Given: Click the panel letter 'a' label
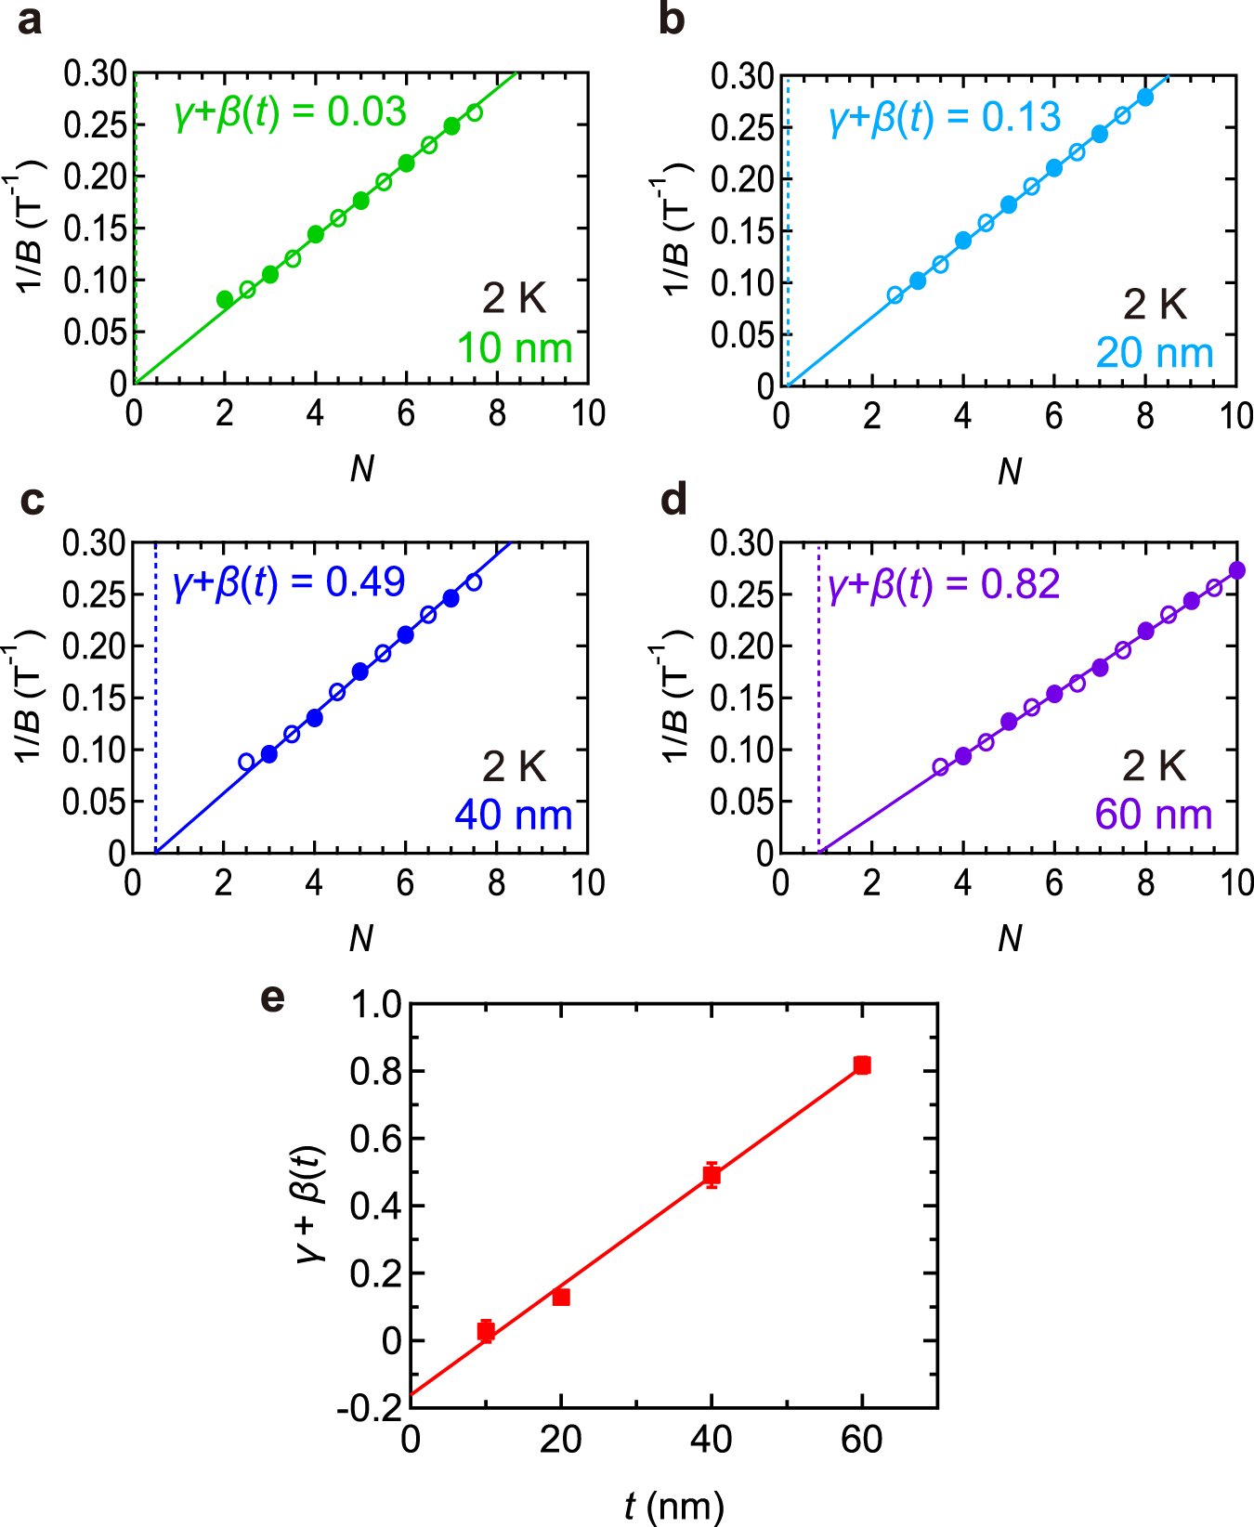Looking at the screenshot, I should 30,20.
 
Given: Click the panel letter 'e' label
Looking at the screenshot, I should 272,998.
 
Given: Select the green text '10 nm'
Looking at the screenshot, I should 515,348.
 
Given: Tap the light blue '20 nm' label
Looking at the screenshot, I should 1155,353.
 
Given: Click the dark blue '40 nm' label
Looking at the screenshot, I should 513,816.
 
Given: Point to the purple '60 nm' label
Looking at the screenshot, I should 1154,815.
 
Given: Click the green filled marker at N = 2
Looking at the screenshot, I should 225,299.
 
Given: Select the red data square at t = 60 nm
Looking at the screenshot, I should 862,1065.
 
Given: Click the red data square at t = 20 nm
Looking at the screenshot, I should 561,1297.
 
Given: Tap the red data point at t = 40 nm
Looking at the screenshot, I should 712,1175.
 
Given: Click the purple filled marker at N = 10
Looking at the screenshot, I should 1236,570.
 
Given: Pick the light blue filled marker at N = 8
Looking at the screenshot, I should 1145,97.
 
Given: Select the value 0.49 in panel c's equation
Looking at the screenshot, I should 365,582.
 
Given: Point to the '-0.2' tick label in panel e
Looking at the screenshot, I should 370,1408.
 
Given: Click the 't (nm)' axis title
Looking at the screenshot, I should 673,1505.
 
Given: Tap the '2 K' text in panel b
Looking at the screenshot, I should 1155,304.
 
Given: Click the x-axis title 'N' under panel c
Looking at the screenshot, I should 361,938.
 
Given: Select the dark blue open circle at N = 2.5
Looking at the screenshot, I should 246,762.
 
